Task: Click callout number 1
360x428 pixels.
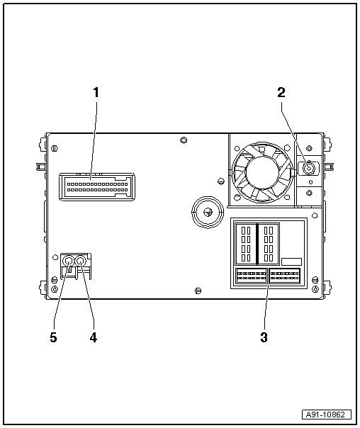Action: [x=96, y=93]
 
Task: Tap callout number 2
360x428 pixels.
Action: [x=281, y=93]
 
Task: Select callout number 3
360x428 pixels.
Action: [x=264, y=337]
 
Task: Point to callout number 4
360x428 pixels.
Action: [x=94, y=337]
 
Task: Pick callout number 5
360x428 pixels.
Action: [x=53, y=337]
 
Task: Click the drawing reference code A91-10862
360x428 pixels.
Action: [x=327, y=415]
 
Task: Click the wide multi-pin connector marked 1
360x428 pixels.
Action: [x=97, y=187]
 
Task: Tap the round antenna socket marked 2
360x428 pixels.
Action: [x=309, y=169]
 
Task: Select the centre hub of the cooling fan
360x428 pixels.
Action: [x=261, y=172]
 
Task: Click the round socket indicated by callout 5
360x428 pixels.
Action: [x=68, y=261]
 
